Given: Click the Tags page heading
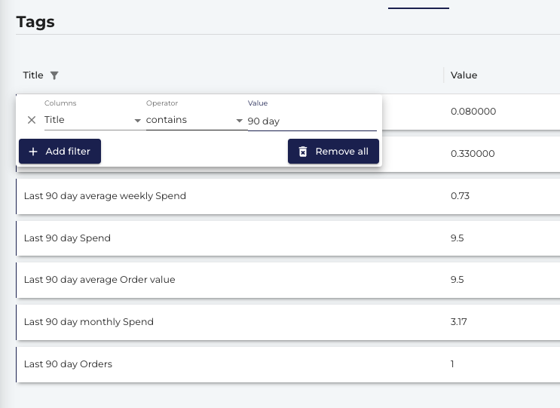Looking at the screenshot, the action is [35, 22].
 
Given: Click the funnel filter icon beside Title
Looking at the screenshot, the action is [54, 75].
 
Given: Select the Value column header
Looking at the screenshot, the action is [464, 75].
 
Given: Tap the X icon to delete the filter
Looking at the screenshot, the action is [32, 120].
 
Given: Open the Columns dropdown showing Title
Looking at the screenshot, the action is [93, 120].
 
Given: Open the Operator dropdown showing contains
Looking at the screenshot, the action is [194, 120].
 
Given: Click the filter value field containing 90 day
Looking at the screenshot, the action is [312, 121].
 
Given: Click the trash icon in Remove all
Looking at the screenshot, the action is [303, 152].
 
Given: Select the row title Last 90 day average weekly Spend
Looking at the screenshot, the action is [105, 196].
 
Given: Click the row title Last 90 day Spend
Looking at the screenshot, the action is [67, 238].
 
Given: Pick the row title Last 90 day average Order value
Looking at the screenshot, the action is [99, 280].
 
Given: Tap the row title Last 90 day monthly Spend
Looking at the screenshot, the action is [89, 322].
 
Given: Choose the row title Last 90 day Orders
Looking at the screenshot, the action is [68, 364].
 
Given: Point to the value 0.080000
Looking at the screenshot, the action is [473, 112].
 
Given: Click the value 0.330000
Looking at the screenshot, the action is [473, 154].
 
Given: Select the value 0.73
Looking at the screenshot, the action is [460, 196].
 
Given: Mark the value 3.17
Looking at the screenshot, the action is [458, 322].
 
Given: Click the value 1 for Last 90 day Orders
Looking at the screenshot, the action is [452, 364].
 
